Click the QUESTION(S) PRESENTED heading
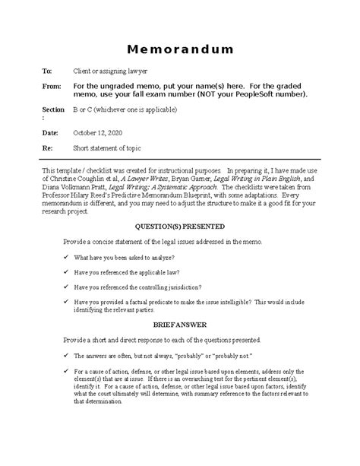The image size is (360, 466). [x=179, y=227]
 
